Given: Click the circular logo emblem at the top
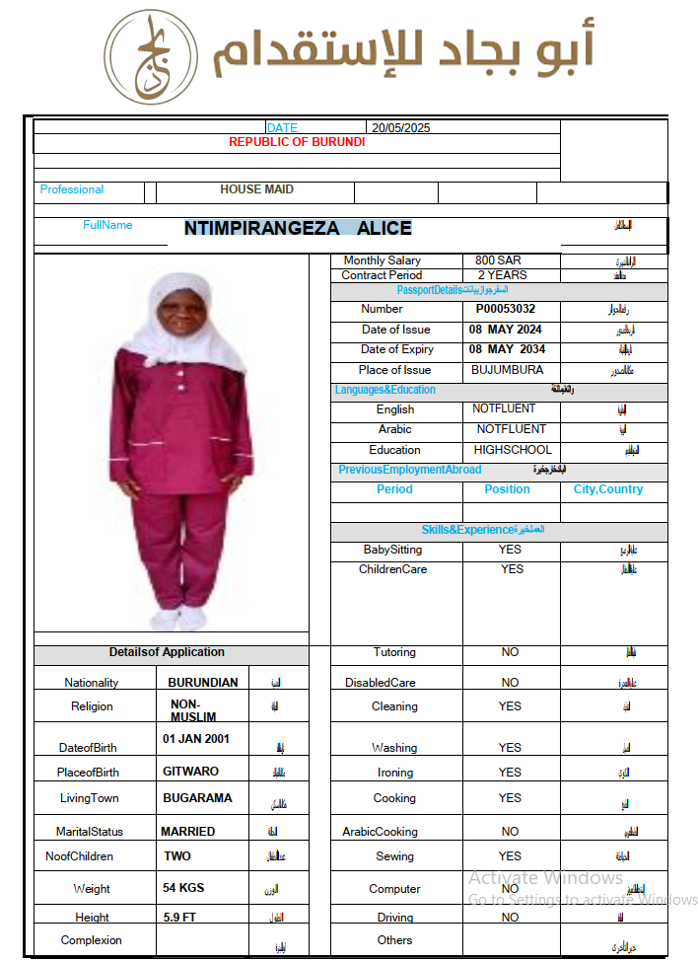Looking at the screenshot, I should click(151, 57).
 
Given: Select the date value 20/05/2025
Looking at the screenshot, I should click(400, 127).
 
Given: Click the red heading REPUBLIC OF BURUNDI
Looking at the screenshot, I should click(297, 142).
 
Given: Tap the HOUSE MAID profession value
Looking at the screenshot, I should click(256, 189).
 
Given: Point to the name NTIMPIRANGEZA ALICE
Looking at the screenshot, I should click(298, 228).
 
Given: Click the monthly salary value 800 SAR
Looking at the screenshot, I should click(498, 260).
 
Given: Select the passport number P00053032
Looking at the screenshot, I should click(506, 309).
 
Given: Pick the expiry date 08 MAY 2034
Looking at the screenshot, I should click(507, 349).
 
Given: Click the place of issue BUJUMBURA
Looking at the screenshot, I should click(507, 370).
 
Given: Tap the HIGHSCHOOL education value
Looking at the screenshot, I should click(513, 450).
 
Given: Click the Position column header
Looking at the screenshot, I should click(508, 489).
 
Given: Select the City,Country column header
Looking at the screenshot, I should click(608, 489).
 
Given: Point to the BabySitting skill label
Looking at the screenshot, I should click(392, 550).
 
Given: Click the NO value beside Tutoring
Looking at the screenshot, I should click(510, 652).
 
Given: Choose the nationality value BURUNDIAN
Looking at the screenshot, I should click(203, 683).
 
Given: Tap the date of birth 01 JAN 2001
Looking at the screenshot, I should click(196, 738).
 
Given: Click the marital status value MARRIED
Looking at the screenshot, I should click(188, 832).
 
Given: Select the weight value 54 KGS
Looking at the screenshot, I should click(183, 888).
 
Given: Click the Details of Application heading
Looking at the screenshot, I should click(167, 652).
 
